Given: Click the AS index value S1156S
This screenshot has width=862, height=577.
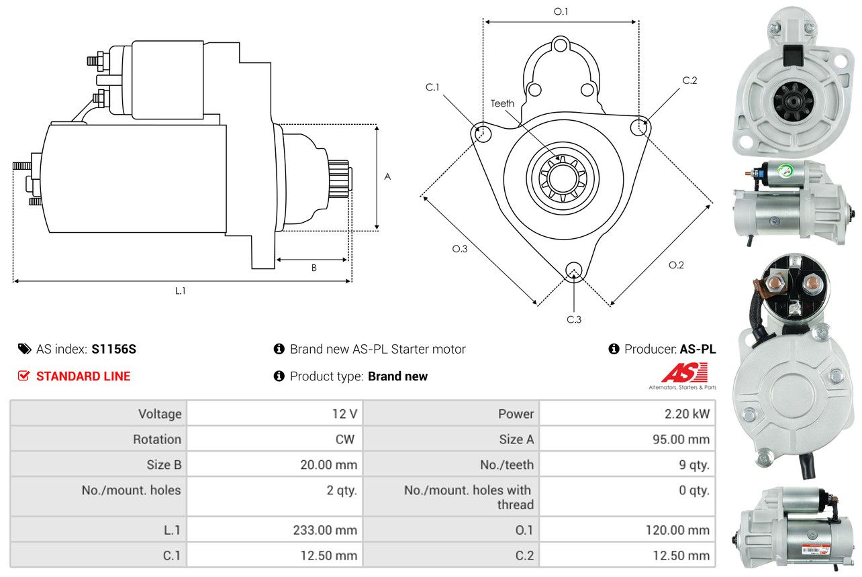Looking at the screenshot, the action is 113,350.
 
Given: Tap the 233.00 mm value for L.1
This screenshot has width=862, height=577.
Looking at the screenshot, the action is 325,530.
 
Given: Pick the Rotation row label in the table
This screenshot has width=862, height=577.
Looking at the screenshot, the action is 157,439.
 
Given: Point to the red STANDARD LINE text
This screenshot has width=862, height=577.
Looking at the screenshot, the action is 83,376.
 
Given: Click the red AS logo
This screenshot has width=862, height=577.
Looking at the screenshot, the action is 685,372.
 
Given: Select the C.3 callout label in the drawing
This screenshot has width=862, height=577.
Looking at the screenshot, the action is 574,319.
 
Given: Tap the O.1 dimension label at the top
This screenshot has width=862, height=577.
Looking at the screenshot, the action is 561,11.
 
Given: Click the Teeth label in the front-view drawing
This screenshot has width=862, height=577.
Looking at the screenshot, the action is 502,103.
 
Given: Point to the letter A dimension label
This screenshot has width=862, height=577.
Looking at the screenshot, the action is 387,176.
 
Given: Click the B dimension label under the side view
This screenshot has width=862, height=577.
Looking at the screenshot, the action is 314,268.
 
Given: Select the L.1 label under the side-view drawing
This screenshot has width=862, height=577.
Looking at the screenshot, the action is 180,291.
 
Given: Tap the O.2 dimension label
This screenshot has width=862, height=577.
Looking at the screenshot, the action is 676,265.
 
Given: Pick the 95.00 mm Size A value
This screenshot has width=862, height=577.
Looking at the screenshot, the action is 681,439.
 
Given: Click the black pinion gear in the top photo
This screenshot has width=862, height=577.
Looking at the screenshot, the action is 794,101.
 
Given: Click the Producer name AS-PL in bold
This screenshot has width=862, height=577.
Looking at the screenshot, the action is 698,350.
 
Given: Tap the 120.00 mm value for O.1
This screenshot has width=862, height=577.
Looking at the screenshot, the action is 677,530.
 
